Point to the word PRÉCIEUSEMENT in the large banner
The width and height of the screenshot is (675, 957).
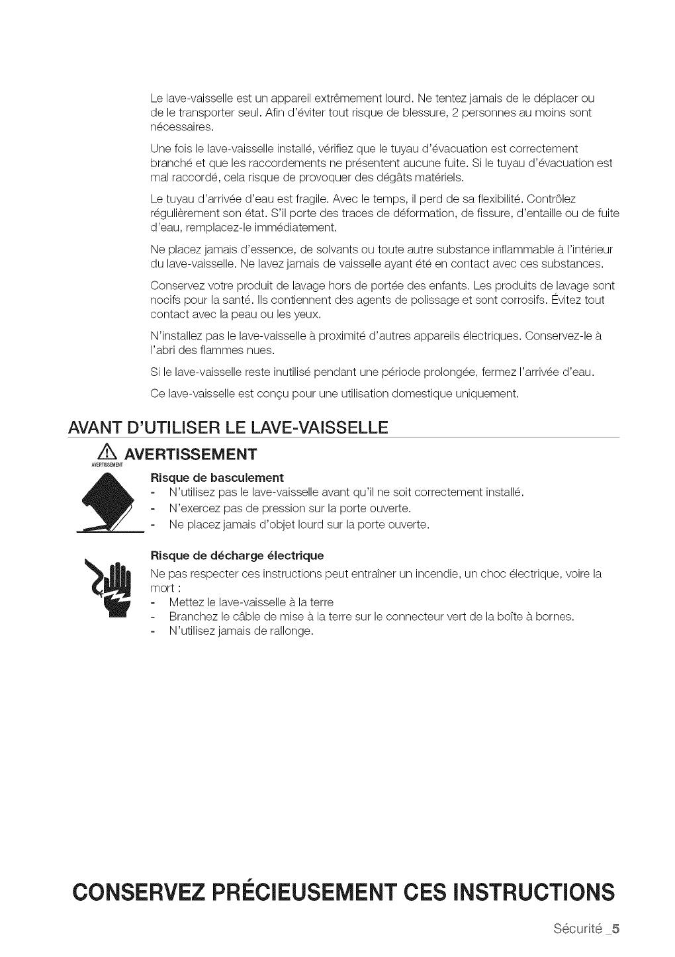coord(298,891)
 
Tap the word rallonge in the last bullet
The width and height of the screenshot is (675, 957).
coord(289,631)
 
